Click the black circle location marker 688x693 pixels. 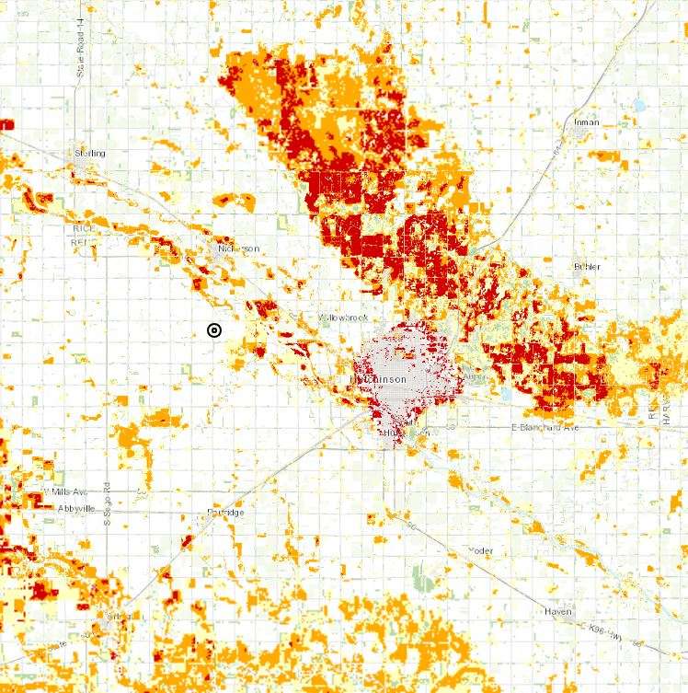(x=214, y=330)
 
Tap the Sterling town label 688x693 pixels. (x=90, y=153)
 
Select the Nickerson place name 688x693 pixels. (x=239, y=249)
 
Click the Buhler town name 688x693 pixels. (x=587, y=267)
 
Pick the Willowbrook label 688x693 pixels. (x=343, y=318)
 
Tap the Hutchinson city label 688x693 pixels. (x=378, y=379)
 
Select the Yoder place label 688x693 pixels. (x=480, y=550)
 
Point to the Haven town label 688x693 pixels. (x=557, y=612)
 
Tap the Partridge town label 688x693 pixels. (x=225, y=513)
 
